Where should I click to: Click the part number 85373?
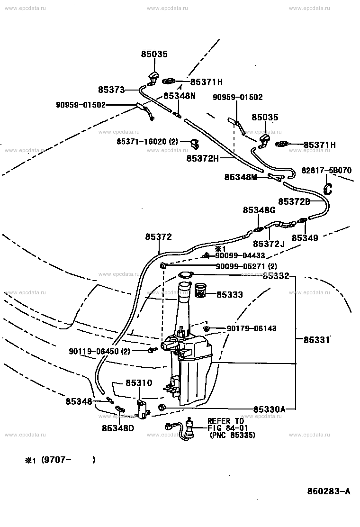click(111, 90)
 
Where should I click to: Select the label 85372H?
click(203, 158)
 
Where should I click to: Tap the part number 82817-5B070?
click(326, 171)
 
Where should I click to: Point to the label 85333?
click(230, 294)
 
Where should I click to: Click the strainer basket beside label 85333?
click(201, 290)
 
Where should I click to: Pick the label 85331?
click(317, 340)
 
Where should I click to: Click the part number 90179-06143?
click(252, 328)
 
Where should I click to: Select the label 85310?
click(139, 383)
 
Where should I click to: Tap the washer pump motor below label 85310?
click(143, 409)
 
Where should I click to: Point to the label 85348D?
click(118, 428)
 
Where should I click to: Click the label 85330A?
click(270, 409)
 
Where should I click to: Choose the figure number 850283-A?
click(329, 491)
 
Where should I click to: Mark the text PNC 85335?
click(232, 435)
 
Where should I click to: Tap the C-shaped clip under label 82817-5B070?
click(327, 189)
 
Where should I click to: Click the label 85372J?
click(269, 244)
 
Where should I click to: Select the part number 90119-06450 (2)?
click(99, 351)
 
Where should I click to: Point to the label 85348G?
click(259, 210)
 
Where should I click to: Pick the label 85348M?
click(241, 177)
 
